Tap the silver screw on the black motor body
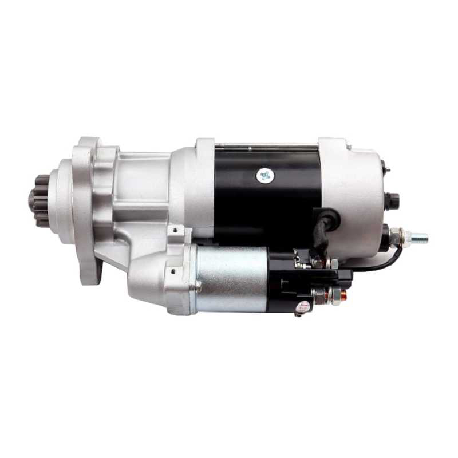(x=264, y=175)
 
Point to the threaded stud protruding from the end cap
(x=419, y=236)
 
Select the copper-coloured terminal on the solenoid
(x=343, y=295)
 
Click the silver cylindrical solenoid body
(x=232, y=279)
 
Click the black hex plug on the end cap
(x=392, y=200)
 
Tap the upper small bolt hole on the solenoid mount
(x=173, y=232)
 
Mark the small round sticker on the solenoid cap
(x=302, y=307)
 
